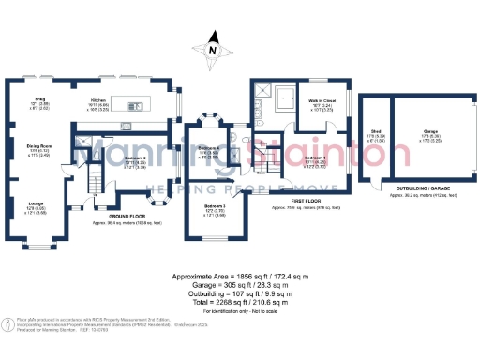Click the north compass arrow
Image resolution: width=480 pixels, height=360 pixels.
coord(214,49)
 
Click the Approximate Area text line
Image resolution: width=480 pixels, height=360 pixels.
coord(239,277)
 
